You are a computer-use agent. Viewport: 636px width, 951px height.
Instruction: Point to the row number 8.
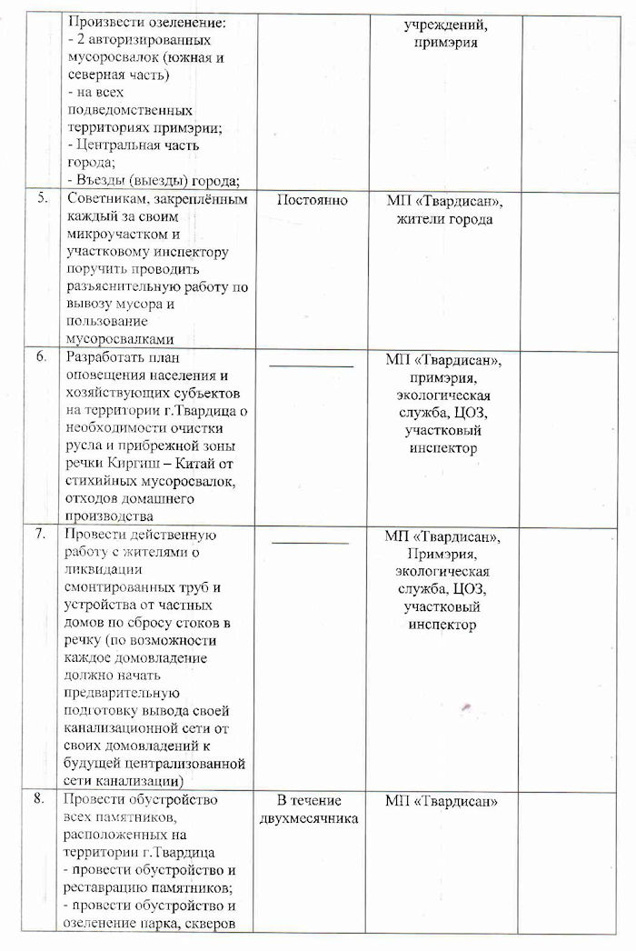[x=40, y=799]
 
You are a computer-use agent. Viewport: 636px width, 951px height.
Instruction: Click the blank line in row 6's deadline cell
[x=311, y=365]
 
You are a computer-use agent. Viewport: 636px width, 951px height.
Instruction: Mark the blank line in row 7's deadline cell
[x=311, y=543]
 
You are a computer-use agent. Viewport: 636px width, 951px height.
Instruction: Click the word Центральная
[x=120, y=145]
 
